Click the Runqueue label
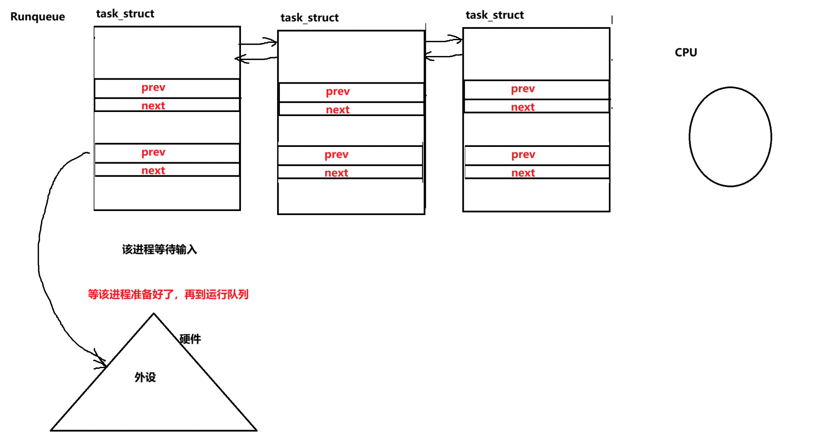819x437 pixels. tap(37, 17)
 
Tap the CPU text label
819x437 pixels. tap(686, 52)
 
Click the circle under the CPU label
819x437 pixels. tap(730, 137)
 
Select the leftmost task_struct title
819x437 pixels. tap(125, 14)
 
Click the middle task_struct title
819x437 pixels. tap(310, 18)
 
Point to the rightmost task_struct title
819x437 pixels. tap(494, 15)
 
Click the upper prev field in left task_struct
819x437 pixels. tap(153, 88)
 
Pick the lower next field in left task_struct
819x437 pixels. tap(153, 170)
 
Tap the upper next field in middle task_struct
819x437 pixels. tap(337, 110)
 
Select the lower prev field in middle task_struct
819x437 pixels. tap(336, 155)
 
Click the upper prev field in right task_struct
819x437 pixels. tap(523, 89)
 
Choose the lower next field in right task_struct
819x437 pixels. tap(523, 173)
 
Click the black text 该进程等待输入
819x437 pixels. tap(159, 250)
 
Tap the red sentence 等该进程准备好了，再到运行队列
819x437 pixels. tap(168, 294)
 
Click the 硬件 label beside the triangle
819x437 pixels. tap(190, 339)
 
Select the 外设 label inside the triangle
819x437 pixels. tap(145, 377)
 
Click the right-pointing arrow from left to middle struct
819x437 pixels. tap(260, 42)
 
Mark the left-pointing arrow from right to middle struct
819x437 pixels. tap(442, 56)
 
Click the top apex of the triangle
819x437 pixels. tap(153, 314)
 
